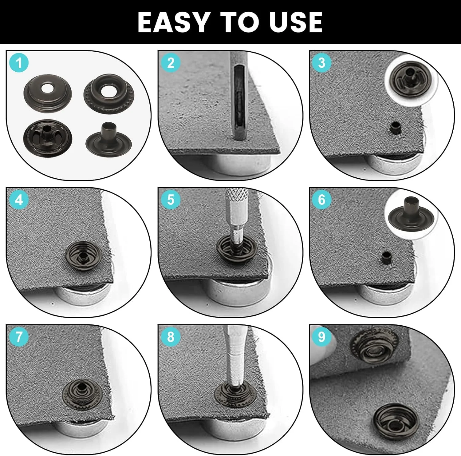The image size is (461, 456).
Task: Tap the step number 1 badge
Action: click(x=19, y=63)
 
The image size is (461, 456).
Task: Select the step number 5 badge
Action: click(x=171, y=200)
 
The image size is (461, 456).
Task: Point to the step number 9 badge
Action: click(x=321, y=337)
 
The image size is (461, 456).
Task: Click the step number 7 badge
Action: click(x=19, y=337)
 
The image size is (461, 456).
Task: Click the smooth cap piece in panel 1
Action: click(x=48, y=92)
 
